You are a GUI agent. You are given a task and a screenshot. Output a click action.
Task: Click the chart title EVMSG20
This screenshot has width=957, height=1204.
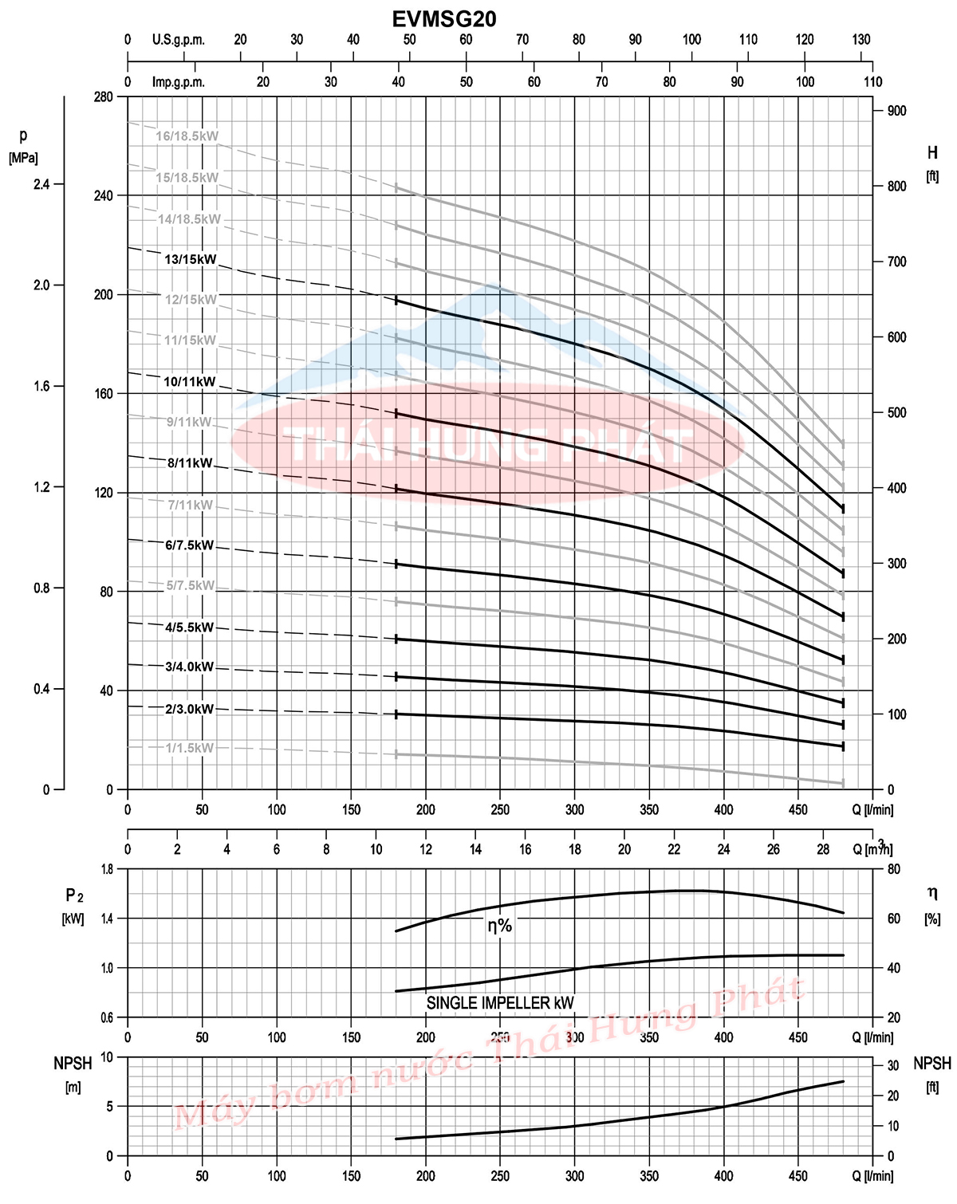pos(444,19)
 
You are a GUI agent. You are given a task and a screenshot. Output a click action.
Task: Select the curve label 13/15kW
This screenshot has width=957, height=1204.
pos(191,259)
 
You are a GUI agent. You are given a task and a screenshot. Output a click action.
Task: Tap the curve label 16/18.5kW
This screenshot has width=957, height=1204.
pos(187,136)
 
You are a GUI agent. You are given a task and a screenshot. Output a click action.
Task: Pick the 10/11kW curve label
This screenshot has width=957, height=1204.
pos(190,382)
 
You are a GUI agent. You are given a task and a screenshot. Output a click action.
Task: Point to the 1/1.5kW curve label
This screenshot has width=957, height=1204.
pos(189,748)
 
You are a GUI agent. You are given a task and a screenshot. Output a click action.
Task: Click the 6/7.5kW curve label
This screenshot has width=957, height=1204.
pos(190,546)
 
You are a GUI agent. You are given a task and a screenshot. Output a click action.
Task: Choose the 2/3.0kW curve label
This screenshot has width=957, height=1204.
pos(190,709)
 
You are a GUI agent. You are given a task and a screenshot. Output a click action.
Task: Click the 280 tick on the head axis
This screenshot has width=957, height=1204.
pos(104,96)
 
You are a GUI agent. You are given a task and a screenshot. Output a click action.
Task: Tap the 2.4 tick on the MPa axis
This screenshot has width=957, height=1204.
pos(41,184)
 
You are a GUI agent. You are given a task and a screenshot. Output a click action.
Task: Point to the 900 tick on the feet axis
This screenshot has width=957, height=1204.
pos(896,111)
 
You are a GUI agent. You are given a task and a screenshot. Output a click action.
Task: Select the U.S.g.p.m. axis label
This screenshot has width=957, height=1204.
pos(179,40)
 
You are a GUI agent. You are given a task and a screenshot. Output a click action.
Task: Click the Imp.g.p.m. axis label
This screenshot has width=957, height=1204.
pos(179,82)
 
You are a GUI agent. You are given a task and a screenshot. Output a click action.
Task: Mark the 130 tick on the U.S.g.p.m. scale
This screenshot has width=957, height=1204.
pos(861,40)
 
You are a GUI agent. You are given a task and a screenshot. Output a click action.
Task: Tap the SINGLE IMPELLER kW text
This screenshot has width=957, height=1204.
pos(500,1003)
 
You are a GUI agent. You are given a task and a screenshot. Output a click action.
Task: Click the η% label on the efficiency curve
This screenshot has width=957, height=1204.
pos(500,926)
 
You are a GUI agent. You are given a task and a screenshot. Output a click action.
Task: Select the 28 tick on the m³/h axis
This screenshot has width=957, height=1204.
pos(823,849)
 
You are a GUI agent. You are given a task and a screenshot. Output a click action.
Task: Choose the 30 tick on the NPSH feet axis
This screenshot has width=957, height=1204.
pos(893,1066)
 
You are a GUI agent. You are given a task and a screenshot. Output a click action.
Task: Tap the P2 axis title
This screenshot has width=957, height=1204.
pos(74,896)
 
